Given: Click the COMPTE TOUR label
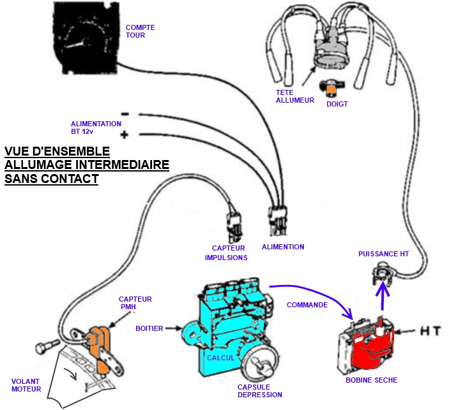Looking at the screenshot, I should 140,31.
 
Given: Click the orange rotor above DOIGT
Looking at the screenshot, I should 331,87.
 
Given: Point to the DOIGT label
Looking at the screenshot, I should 337,104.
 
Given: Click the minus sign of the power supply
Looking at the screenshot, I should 125,114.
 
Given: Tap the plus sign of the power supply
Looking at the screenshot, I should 125,135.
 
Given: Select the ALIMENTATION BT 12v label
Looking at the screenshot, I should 96,127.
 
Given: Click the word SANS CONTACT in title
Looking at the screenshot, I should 51,179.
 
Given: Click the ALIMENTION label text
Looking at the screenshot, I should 283,247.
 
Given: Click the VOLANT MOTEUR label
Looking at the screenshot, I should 26,385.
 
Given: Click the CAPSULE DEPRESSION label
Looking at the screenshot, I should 259,390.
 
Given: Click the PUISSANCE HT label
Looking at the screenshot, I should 383,253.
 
